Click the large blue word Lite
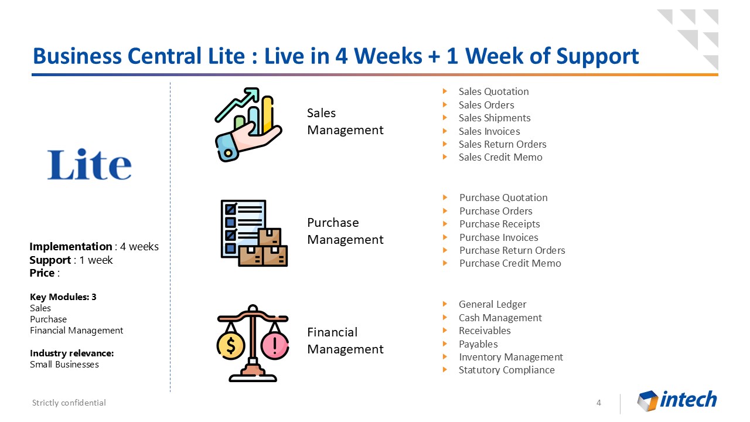[x=90, y=165]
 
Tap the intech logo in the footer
[x=677, y=400]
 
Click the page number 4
[x=599, y=403]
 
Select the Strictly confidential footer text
[x=69, y=403]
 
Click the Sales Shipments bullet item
[x=495, y=118]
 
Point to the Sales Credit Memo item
[x=500, y=157]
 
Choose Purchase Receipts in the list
[x=500, y=224]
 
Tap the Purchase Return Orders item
[x=512, y=250]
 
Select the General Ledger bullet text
[x=492, y=304]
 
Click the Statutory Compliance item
[x=507, y=370]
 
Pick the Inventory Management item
[x=511, y=357]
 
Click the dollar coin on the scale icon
[x=231, y=346]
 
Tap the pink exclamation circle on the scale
[x=275, y=346]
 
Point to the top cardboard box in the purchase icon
[x=270, y=237]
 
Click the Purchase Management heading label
[x=345, y=231]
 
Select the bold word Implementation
[x=71, y=247]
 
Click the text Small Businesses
[x=64, y=365]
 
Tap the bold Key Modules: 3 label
[x=63, y=297]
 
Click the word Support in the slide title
[x=597, y=56]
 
